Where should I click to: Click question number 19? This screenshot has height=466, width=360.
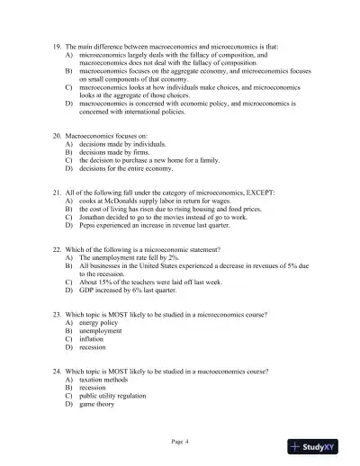point(58,45)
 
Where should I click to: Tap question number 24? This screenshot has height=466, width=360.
point(58,372)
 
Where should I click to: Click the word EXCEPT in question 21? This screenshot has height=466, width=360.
point(261,193)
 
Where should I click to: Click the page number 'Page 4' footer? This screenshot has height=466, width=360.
point(180,442)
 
